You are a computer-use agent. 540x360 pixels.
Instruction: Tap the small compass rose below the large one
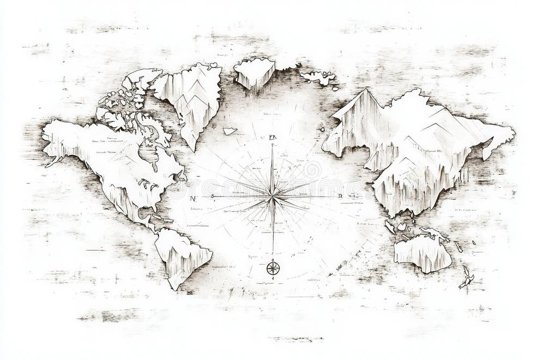point(273,267)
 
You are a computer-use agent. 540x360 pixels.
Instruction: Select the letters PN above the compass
point(272,138)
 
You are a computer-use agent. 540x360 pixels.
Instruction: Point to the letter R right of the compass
point(340,196)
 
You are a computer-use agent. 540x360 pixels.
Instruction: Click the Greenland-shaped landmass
point(191,98)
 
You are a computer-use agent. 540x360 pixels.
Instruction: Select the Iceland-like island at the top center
point(254,72)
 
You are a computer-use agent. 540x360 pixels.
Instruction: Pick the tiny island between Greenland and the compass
point(230,131)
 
